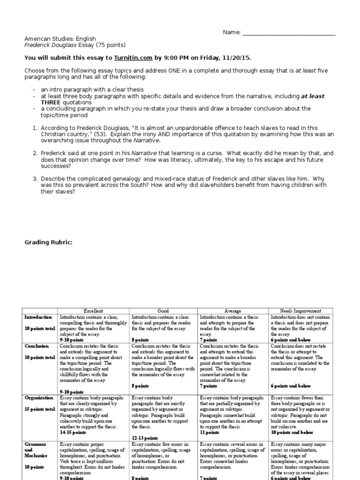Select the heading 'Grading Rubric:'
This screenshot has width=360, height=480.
tap(48, 242)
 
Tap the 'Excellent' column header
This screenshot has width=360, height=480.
tap(94, 311)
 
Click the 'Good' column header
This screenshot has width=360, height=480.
tap(164, 311)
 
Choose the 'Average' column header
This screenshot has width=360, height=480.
tap(233, 311)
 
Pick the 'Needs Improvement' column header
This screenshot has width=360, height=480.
tap(300, 311)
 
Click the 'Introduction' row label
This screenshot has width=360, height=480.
tap(38, 317)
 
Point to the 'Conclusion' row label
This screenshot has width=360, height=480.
tap(37, 346)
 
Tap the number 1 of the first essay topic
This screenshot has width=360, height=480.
tap(34, 127)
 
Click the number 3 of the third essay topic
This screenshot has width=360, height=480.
tap(34, 179)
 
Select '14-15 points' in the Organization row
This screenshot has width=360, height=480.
tap(73, 433)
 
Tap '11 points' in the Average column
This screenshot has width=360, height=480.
tap(210, 433)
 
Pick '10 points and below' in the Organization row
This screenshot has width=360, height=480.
tap(293, 433)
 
